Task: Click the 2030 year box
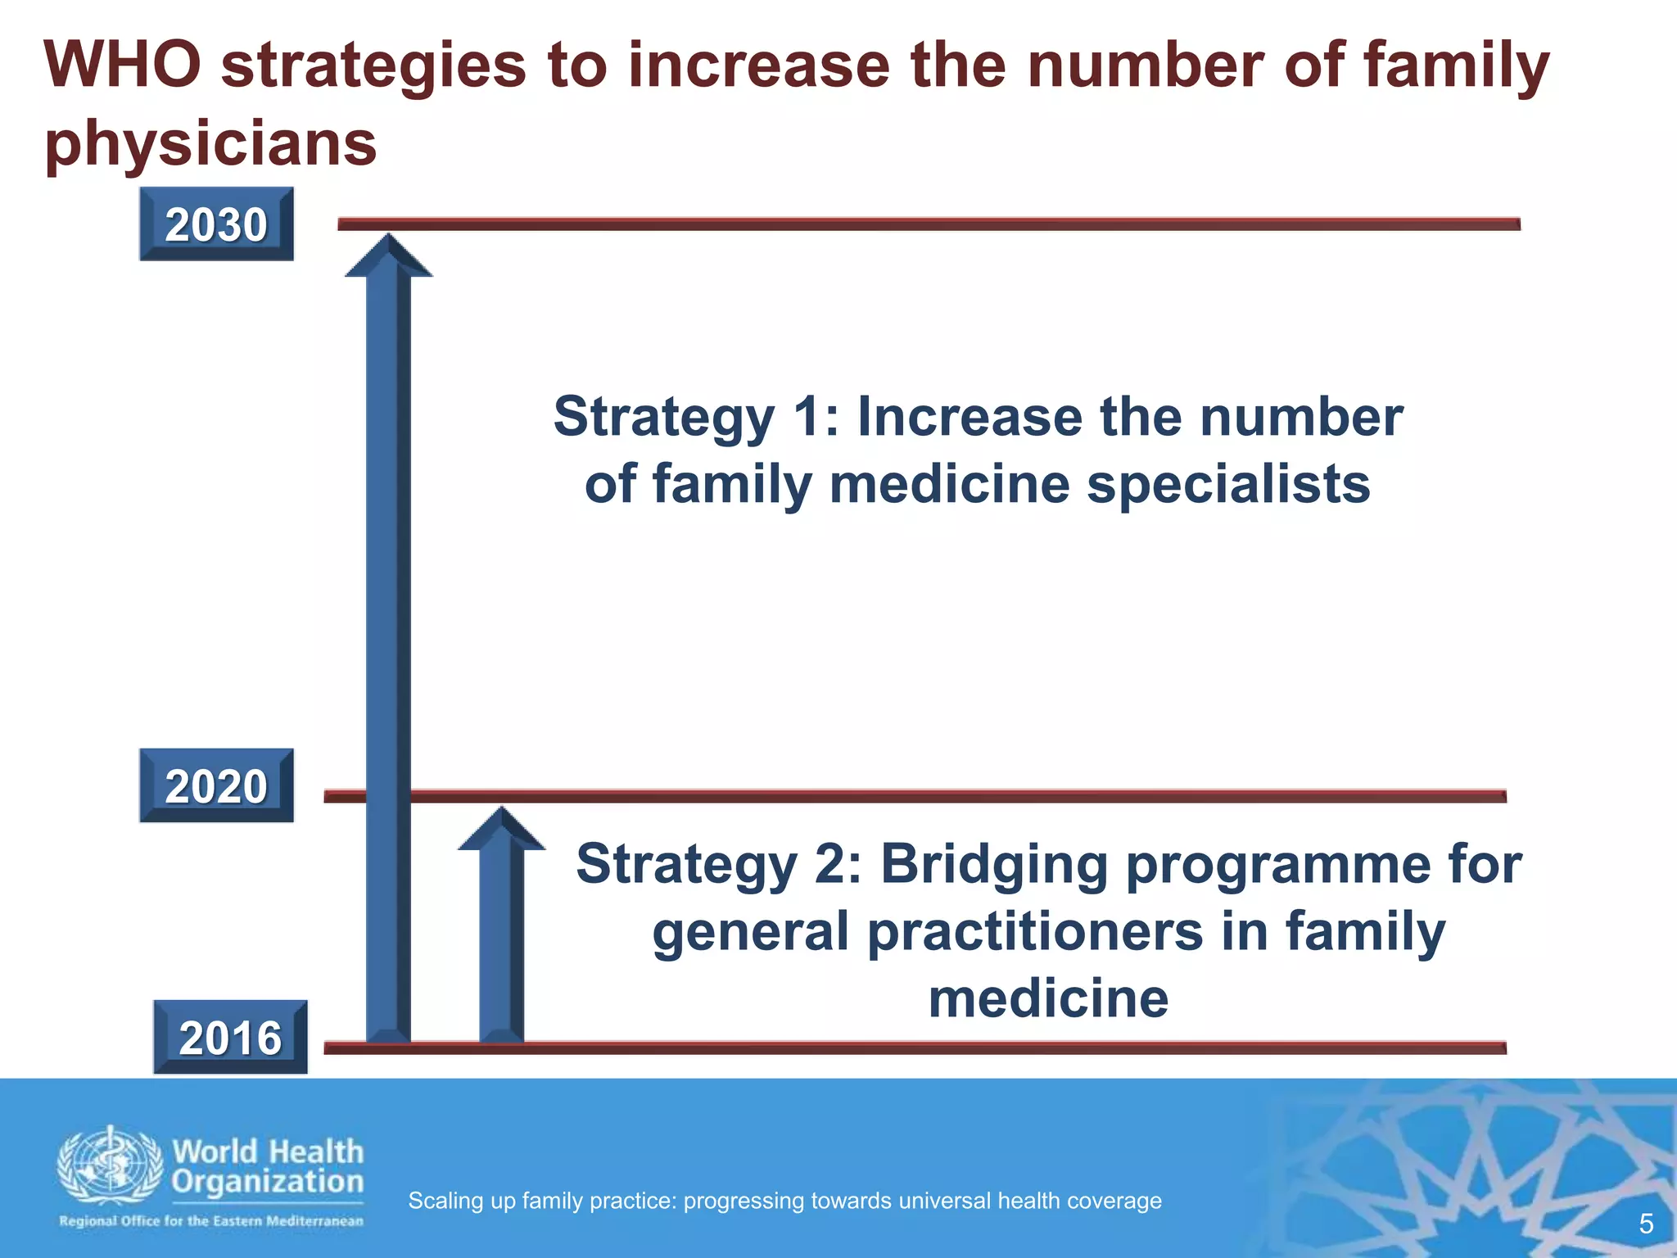click(216, 224)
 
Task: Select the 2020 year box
click(216, 785)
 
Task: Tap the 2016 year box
click(230, 1037)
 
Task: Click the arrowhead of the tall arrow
click(388, 256)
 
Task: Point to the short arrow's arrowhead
click(501, 830)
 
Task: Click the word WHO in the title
click(123, 66)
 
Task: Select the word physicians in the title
click(210, 143)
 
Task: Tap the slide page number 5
click(1646, 1224)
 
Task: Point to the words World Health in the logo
click(268, 1152)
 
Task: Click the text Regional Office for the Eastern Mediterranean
click(210, 1221)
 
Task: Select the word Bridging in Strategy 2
click(993, 865)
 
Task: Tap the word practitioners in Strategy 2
click(1035, 932)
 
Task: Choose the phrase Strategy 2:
click(719, 865)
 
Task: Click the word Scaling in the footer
click(441, 1201)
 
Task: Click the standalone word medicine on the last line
click(1048, 999)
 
